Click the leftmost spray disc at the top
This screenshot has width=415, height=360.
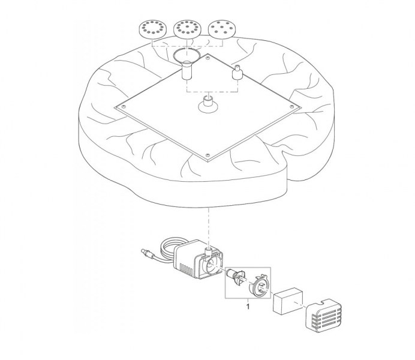click(x=153, y=29)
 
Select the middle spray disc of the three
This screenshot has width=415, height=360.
click(x=187, y=29)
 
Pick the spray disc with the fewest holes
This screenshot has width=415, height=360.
click(x=222, y=29)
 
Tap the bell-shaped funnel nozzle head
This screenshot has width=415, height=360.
click(x=187, y=56)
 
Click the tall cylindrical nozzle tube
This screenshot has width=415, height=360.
click(x=187, y=70)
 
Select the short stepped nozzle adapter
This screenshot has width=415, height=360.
click(x=237, y=72)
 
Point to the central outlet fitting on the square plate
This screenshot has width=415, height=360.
click(x=208, y=105)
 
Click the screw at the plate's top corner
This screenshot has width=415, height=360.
click(x=208, y=56)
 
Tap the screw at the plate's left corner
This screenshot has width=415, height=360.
click(x=124, y=107)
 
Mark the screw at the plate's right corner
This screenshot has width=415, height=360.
click(x=292, y=106)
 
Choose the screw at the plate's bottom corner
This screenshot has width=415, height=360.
click(x=207, y=155)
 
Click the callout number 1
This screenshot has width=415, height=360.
click(x=248, y=307)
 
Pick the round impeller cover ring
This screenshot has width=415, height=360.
click(x=259, y=287)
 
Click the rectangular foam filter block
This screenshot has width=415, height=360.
click(x=288, y=301)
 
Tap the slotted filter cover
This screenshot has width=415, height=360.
click(x=323, y=314)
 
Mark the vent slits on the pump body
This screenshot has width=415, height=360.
click(x=187, y=270)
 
